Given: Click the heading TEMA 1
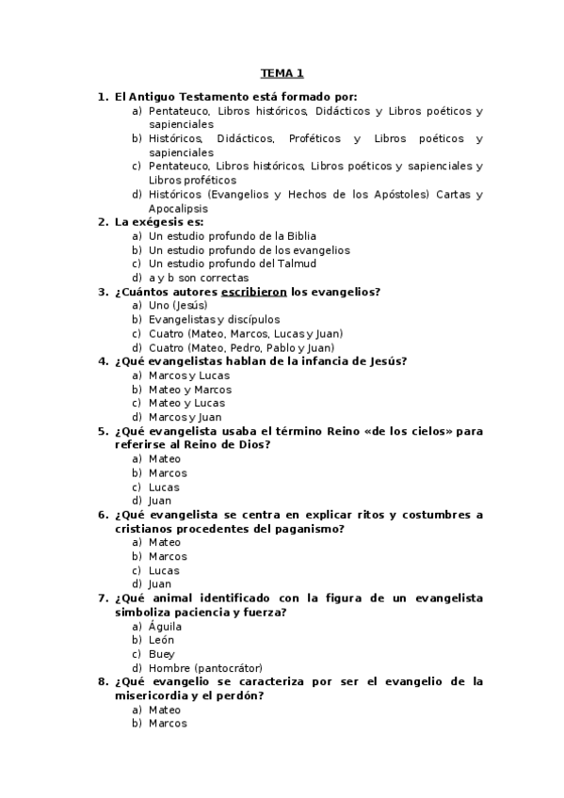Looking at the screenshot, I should (x=282, y=73).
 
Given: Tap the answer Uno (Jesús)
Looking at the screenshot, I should (x=178, y=306).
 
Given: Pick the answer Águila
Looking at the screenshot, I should (x=165, y=626).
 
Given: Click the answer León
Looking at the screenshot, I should (x=161, y=640).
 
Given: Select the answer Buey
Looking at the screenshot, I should (x=161, y=654).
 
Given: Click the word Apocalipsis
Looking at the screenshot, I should (x=179, y=209).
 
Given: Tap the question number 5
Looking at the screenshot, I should (x=103, y=431).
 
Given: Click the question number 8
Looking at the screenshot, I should (x=103, y=681).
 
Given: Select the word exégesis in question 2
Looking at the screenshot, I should (x=155, y=222).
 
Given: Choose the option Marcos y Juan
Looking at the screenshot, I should (x=185, y=417).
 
